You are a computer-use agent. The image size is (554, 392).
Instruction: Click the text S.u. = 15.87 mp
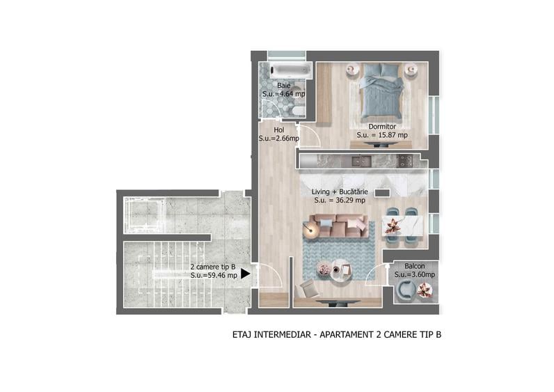click(382, 135)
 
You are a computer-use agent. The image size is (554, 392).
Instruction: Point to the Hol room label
click(278, 130)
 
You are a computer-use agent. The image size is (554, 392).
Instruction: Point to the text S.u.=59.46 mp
click(214, 275)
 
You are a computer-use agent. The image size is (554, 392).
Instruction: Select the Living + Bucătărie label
click(340, 191)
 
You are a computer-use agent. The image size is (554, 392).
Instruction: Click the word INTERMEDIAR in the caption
click(281, 335)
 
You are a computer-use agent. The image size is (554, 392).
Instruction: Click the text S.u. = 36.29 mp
click(340, 201)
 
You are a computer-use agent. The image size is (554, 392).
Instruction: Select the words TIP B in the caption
click(428, 335)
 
